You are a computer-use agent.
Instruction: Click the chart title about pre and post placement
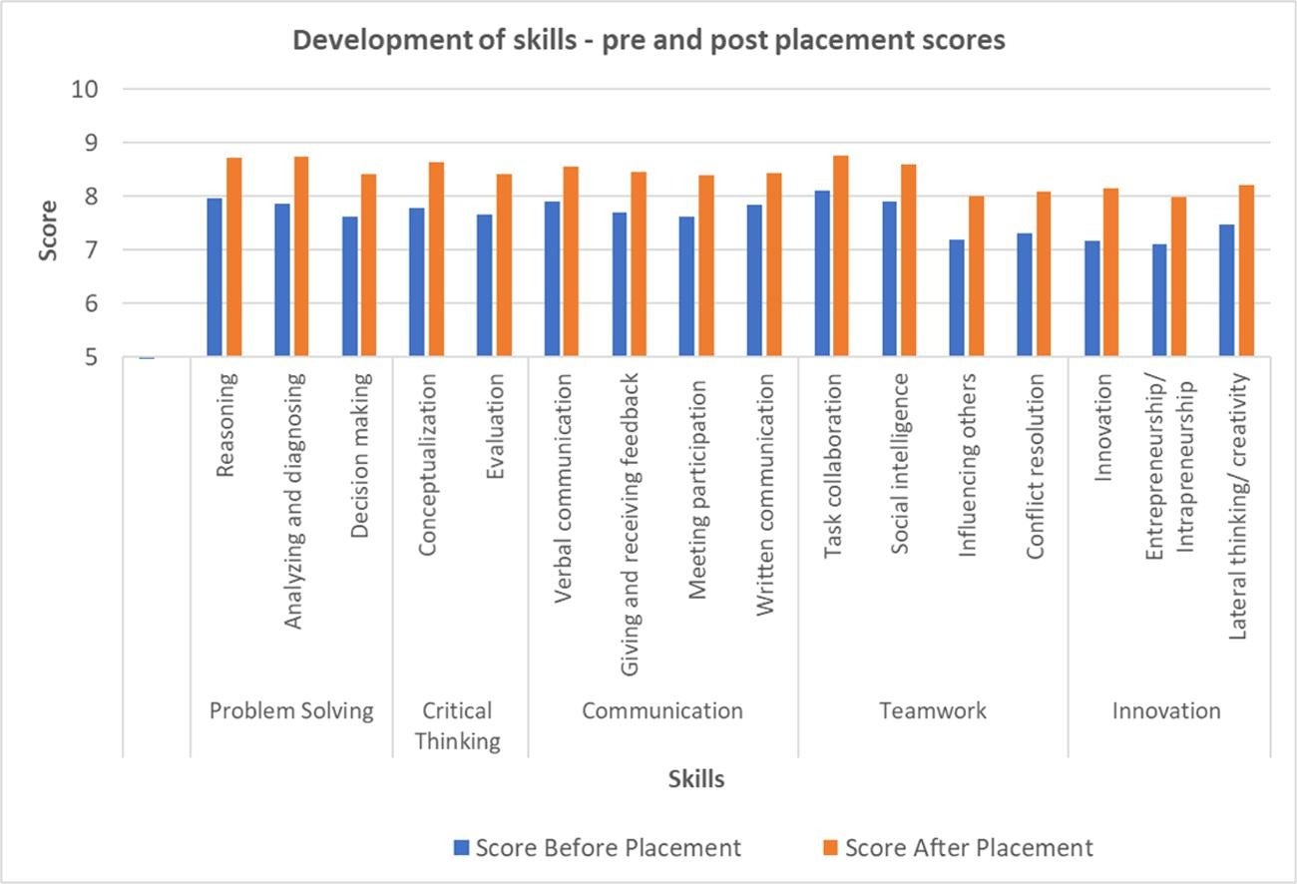[x=648, y=42]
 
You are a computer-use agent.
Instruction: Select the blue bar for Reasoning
[x=215, y=277]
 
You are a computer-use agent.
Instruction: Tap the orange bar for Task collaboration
[x=840, y=256]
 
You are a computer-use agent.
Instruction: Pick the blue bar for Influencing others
[x=958, y=298]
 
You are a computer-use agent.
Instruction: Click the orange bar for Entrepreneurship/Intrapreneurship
[x=1177, y=276]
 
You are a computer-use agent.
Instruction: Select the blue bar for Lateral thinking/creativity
[x=1227, y=290]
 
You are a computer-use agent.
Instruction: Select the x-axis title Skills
[x=695, y=779]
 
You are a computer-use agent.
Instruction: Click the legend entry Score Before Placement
[x=597, y=848]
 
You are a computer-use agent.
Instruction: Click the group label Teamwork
[x=932, y=710]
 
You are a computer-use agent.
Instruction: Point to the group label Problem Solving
[x=290, y=710]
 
